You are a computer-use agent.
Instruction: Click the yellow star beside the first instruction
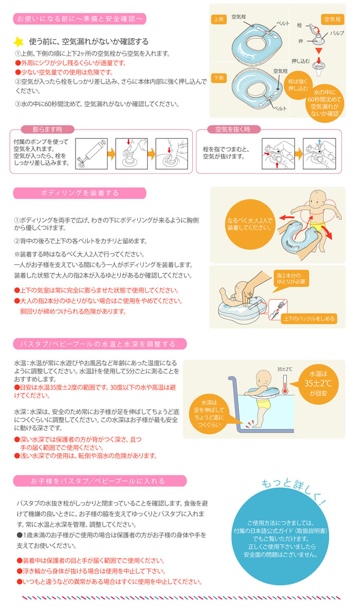coord(19,42)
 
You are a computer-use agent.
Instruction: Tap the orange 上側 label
coord(219,19)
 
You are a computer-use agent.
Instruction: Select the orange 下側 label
coord(219,78)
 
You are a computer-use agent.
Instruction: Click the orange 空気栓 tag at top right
coord(332,19)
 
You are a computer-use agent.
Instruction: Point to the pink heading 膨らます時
coord(47,129)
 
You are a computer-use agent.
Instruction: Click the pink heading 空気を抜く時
coord(232,129)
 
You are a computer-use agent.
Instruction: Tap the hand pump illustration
coord(91,154)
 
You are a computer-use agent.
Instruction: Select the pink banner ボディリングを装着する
coord(80,193)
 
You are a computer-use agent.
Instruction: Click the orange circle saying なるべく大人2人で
coord(249,224)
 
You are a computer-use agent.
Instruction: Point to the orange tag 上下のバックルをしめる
coord(309,318)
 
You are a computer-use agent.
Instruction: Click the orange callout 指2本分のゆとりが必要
coord(291,278)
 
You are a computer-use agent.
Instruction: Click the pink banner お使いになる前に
coord(80,19)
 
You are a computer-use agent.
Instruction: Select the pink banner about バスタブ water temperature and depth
coord(100,344)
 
